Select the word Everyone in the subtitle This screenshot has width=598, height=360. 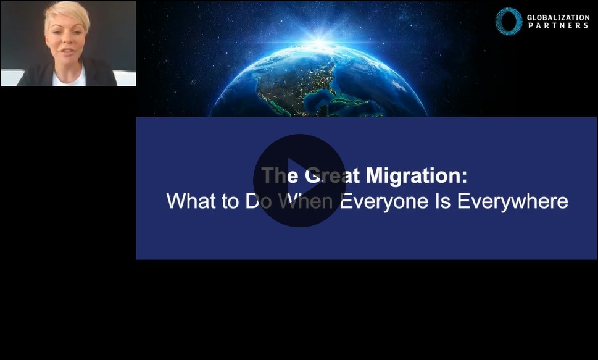pos(384,201)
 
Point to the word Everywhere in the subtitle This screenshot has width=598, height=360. pos(513,201)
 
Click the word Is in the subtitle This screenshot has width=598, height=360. pos(442,201)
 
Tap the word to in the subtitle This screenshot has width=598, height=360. pos(230,201)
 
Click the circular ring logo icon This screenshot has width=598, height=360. pos(509,22)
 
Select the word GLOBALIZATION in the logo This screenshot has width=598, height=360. pos(559,17)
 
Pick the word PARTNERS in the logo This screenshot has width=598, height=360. pos(559,25)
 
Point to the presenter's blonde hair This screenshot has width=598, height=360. pos(67,15)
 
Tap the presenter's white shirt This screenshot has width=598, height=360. pos(69,78)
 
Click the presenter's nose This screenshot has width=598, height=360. pos(67,41)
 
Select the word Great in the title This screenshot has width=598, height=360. pos(332,176)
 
